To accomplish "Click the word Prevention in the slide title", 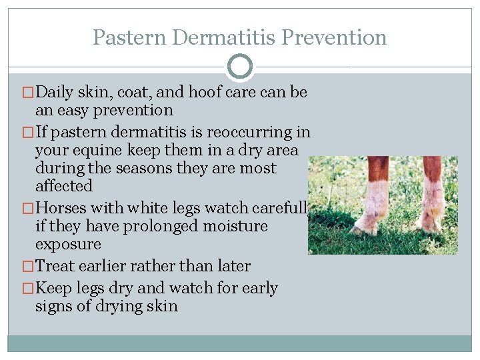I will (x=334, y=37).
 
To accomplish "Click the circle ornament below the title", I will (x=240, y=67).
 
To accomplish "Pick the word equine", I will (x=100, y=150).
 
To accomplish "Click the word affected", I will (x=64, y=186).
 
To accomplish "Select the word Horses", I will (x=63, y=208).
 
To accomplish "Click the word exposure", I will (x=68, y=244).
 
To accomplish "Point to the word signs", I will (x=55, y=306).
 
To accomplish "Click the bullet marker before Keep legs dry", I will (x=28, y=289).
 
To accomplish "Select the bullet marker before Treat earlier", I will (x=28, y=267).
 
